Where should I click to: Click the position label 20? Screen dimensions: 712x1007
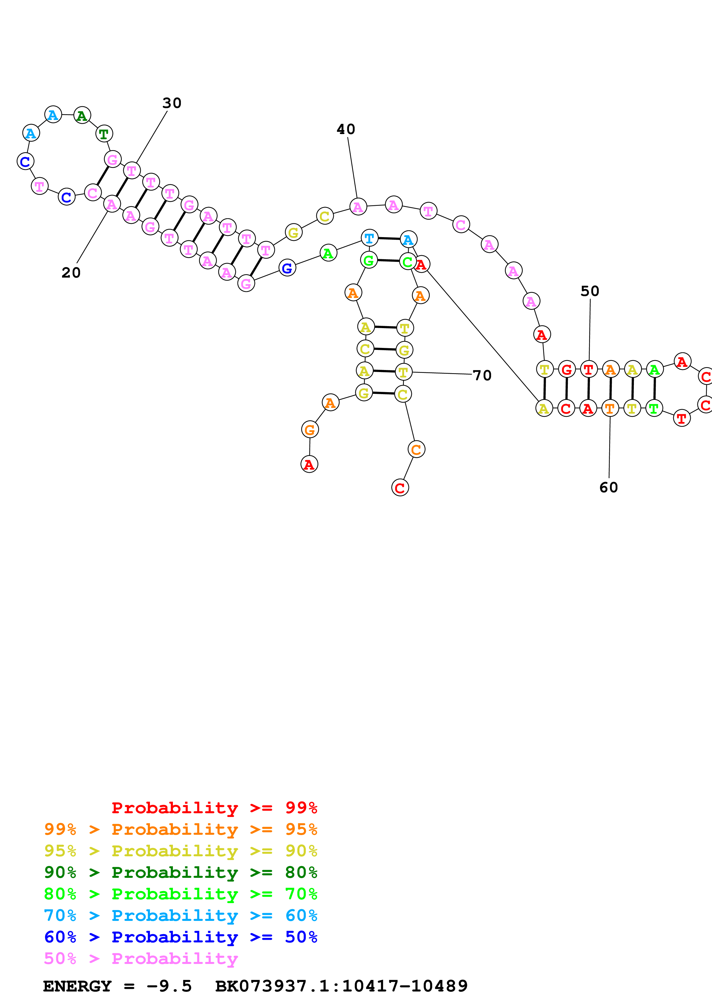(x=71, y=273)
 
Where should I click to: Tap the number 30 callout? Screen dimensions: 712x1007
(x=171, y=103)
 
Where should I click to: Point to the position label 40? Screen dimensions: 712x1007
(x=346, y=129)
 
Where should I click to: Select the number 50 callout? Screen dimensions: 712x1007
(x=590, y=291)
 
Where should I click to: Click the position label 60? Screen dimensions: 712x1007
(x=609, y=488)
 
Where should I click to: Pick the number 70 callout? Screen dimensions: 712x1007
(x=482, y=375)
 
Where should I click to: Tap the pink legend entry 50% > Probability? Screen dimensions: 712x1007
(x=141, y=958)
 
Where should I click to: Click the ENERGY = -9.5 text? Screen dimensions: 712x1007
(x=117, y=986)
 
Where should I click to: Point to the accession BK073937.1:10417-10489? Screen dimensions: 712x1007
(x=341, y=986)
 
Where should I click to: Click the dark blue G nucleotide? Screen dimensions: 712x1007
(x=287, y=268)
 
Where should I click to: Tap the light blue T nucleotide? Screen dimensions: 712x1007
(x=369, y=238)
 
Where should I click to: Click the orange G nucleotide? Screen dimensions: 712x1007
(x=310, y=430)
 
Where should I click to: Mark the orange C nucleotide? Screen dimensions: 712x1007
(x=416, y=449)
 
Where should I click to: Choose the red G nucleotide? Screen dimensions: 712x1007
(x=566, y=369)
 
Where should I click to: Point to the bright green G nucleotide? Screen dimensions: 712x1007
(x=368, y=260)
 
